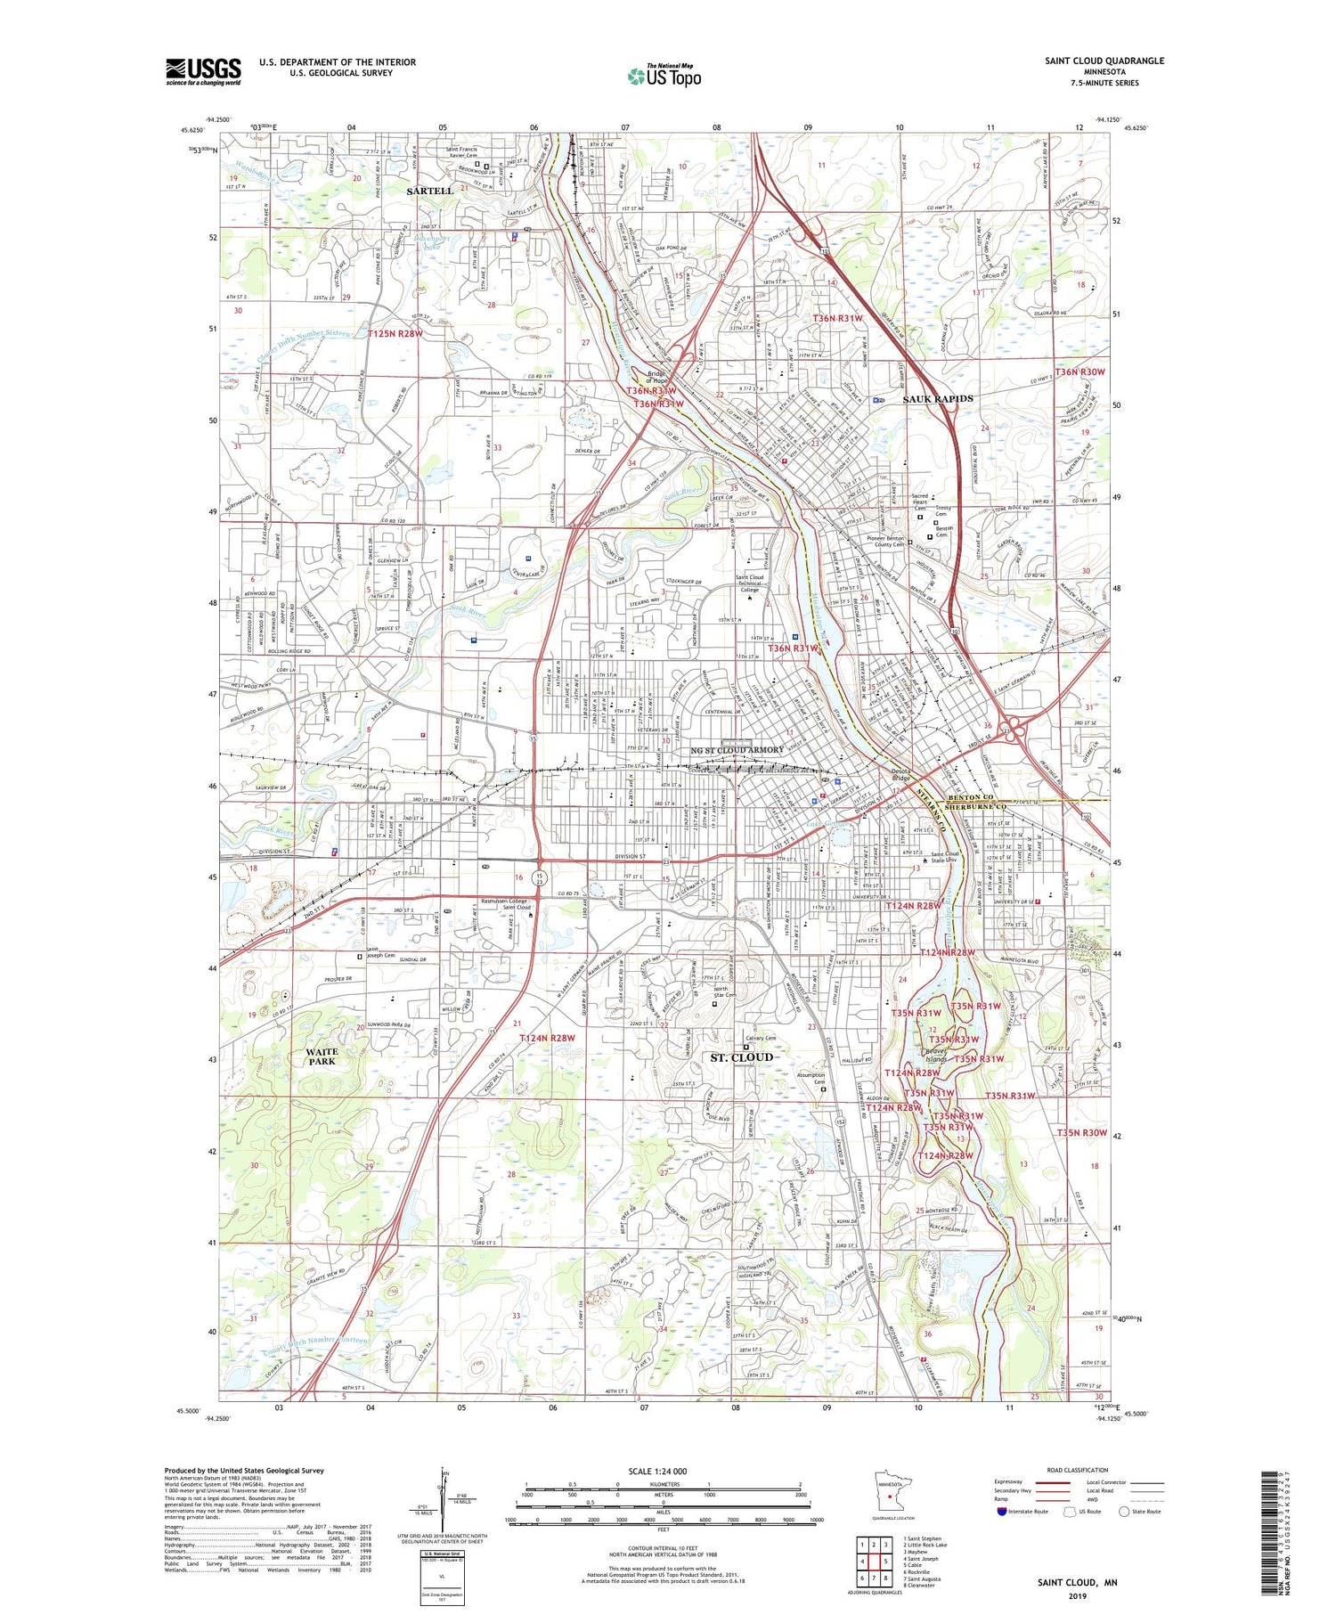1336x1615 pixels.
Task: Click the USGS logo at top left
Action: click(203, 71)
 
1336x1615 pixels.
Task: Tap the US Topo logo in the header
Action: click(664, 77)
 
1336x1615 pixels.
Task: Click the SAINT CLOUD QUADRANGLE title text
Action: click(1104, 61)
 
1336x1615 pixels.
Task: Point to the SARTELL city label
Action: click(429, 191)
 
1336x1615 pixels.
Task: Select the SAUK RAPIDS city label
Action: click(937, 398)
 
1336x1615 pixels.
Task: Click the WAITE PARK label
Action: click(322, 1056)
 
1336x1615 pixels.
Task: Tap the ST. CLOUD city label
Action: click(741, 1057)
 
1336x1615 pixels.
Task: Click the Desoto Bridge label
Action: click(908, 777)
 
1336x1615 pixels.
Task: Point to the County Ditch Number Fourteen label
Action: click(314, 1346)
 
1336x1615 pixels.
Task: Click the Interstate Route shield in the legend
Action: click(1002, 1512)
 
